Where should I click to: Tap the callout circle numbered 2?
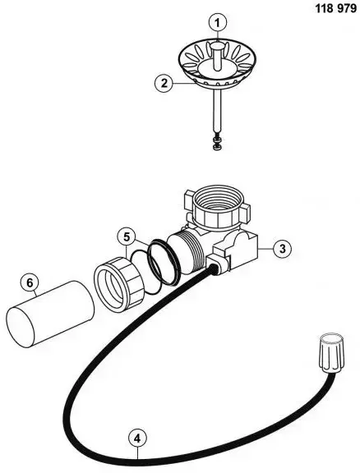(164, 83)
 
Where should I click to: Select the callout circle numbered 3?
(283, 249)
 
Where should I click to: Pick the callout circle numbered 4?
(137, 439)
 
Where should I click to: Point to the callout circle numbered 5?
(127, 236)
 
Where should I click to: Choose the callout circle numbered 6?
(30, 283)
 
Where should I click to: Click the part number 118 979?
(336, 8)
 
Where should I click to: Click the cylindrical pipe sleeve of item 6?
(50, 314)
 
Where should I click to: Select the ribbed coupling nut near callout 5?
(120, 284)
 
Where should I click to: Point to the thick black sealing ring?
(164, 262)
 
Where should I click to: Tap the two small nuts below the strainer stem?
(216, 144)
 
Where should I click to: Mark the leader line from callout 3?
(265, 249)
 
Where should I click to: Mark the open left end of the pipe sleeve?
(21, 328)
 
